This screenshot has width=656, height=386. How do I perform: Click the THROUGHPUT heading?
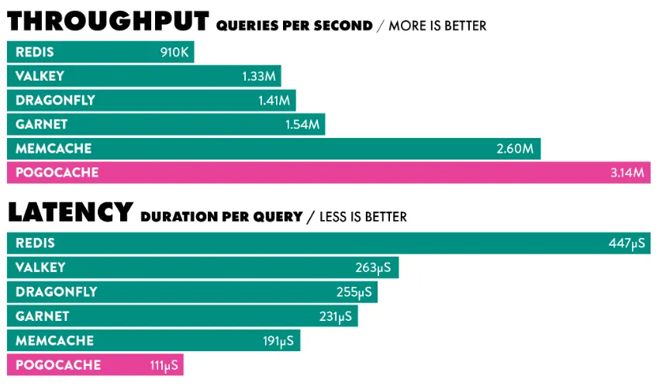pos(108,20)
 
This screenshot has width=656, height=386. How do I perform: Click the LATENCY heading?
pos(71,212)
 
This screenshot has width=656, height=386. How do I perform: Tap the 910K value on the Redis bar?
pos(174,52)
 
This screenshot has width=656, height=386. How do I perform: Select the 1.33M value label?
pos(259,76)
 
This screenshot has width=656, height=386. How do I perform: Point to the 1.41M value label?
pos(274,100)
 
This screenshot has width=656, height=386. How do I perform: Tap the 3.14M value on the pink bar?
pos(627,172)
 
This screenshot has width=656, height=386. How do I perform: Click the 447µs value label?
pos(627,243)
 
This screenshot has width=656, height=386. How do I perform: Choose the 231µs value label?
pos(335,316)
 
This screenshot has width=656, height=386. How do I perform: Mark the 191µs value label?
pos(278,340)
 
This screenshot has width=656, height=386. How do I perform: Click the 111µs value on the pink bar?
pos(164,364)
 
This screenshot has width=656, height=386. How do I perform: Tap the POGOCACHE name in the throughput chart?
pos(57,172)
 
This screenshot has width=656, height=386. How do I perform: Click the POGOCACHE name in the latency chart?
pos(57,364)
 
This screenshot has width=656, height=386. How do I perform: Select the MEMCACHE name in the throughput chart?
pos(54,148)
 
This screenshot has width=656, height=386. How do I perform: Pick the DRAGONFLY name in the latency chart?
pos(56,292)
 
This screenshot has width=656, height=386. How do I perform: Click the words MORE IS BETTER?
pos(437,26)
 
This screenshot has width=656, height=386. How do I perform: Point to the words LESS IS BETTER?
pos(363,217)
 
